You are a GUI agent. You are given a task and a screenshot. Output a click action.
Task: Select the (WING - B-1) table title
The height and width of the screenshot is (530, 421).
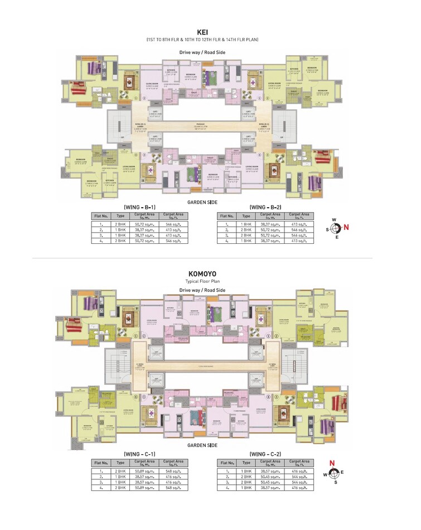point(139,207)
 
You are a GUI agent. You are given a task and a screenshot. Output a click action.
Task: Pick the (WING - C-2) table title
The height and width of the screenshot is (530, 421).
point(265,454)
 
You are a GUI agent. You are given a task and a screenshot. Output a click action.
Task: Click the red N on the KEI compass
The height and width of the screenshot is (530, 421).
point(346,227)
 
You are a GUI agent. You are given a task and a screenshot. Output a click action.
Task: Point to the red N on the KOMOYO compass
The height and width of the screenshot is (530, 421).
point(332,463)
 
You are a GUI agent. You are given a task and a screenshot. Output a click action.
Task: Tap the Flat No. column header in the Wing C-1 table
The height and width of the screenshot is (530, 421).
point(101,463)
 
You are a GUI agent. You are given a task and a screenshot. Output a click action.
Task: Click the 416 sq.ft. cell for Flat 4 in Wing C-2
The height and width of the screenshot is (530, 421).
point(299,488)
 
